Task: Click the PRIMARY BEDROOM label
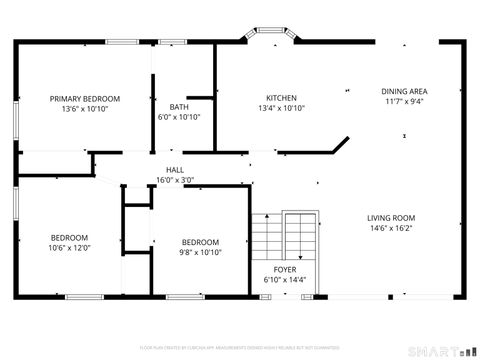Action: (85, 98)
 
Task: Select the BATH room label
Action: (180, 106)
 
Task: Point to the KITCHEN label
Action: (281, 97)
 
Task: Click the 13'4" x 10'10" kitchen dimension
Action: (281, 108)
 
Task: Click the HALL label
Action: (174, 170)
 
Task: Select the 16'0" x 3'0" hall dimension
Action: (174, 180)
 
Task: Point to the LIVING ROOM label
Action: (390, 218)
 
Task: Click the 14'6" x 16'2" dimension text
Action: (390, 228)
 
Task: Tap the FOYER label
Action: (285, 270)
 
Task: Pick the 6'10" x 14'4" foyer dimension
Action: (285, 280)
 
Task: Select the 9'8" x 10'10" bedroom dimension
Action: (200, 252)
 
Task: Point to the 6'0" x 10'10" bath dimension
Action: (180, 117)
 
